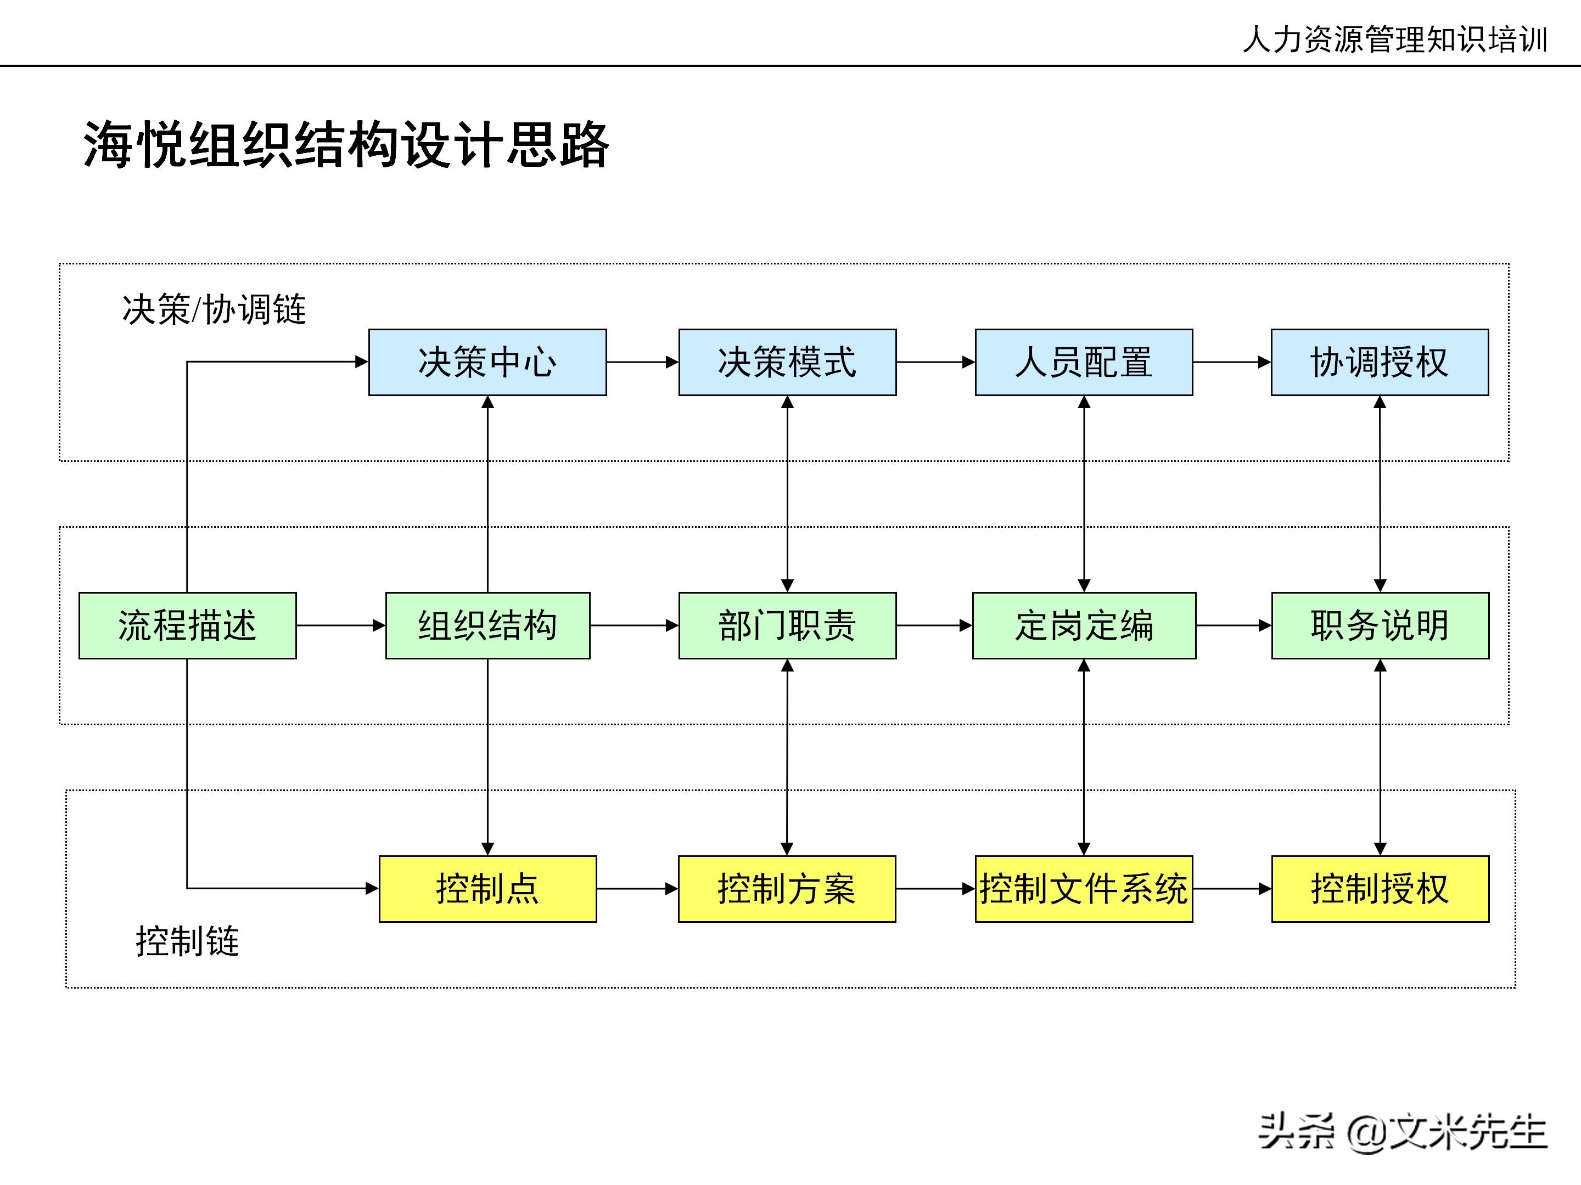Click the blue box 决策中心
pos(487,362)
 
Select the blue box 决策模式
pos(787,362)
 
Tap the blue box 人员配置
pos(1084,362)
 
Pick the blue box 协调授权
pos(1380,362)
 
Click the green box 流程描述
pos(187,626)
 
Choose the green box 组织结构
pos(487,626)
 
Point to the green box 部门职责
pos(787,626)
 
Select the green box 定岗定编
pos(1084,626)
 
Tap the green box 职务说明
pos(1380,626)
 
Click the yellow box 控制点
pos(487,889)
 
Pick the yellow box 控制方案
pos(786,889)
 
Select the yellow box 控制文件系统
pos(1084,889)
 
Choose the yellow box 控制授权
pos(1380,889)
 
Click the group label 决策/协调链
pos(214,310)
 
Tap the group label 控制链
pos(187,941)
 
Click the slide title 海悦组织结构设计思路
pos(346,145)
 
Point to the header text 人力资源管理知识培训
pos(1394,39)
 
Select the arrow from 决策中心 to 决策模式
pos(642,362)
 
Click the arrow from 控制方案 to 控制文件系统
pos(935,889)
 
